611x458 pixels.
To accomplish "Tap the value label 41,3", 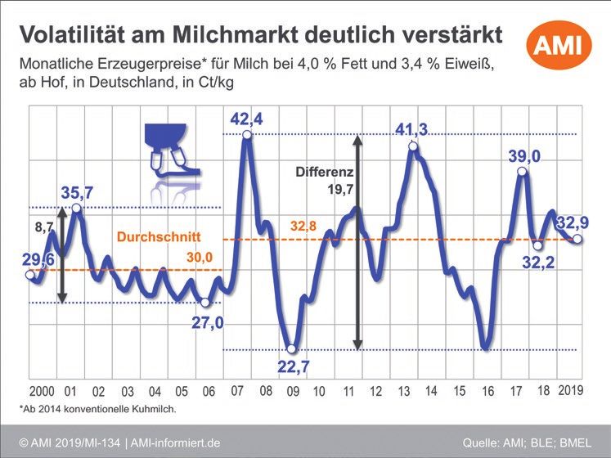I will point(412,129).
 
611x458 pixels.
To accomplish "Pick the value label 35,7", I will point(77,193).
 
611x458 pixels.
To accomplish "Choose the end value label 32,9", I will point(577,222).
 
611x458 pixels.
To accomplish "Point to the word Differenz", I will point(323,173).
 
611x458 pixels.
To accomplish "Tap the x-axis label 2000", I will point(41,390).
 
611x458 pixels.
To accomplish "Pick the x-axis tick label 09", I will point(291,391).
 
